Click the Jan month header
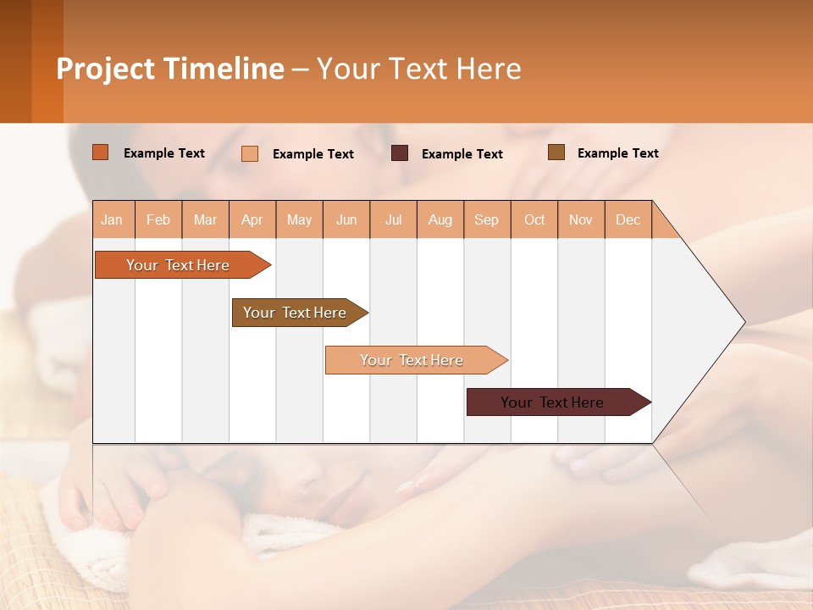[113, 219]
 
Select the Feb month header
[158, 219]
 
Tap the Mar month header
[205, 219]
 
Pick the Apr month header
[252, 219]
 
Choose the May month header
[299, 219]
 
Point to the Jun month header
[346, 219]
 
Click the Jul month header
[393, 219]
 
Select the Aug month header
[440, 219]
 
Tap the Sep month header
[487, 219]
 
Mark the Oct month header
[534, 219]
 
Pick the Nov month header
[581, 219]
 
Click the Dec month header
[628, 219]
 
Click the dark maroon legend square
[400, 153]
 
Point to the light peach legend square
[250, 153]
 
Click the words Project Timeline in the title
[170, 69]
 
